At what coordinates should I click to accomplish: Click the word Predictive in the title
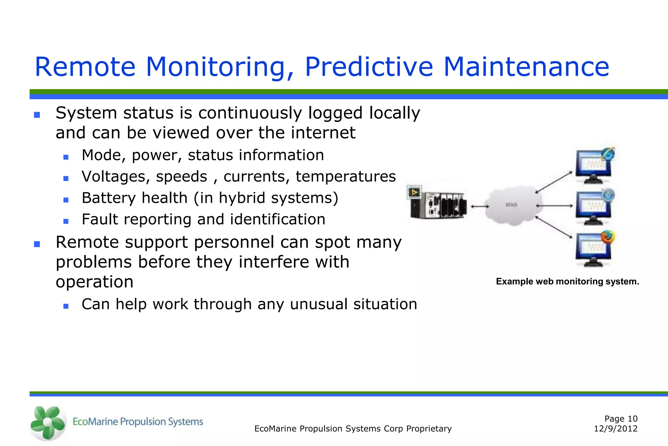point(369,67)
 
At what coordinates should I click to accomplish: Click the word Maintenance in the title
point(526,67)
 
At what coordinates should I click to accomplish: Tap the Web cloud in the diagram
point(511,205)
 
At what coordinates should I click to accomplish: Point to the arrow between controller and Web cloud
point(480,206)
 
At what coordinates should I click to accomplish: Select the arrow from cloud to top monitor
point(554,182)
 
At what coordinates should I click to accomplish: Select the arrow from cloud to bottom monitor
point(554,227)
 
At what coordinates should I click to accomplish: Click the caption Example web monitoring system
point(567,281)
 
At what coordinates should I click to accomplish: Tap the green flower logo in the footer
point(48,423)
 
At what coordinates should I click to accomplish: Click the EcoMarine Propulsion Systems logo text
point(138,422)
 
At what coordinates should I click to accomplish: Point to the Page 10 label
point(621,419)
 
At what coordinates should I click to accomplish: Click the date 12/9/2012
point(615,429)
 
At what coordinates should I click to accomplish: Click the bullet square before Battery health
point(66,200)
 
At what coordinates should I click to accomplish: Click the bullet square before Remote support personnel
point(37,244)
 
